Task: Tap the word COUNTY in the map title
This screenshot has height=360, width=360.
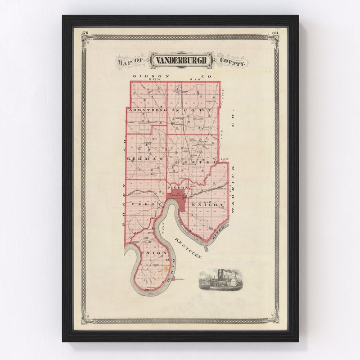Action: click(x=233, y=62)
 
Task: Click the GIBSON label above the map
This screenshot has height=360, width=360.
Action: click(x=144, y=76)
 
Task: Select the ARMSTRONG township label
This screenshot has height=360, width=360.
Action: click(x=147, y=110)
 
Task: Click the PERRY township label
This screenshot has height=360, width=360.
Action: click(x=143, y=204)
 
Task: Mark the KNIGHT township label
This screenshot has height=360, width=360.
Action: click(x=208, y=205)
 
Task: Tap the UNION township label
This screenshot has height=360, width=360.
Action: click(x=154, y=253)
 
